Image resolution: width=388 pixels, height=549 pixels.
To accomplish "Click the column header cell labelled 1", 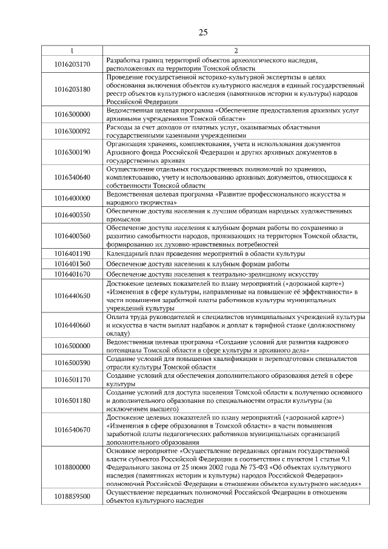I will pos(72,50).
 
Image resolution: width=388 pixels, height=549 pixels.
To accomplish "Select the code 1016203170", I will pos(72,64).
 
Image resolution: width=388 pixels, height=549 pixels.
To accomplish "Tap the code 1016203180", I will pos(72,89).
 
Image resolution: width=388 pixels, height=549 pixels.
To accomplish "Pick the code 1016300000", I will pos(72,114).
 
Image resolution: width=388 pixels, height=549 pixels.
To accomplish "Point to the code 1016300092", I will pos(72,130).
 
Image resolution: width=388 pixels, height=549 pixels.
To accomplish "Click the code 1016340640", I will pos(72,177).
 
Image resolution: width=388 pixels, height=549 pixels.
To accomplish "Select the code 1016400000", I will pos(72,198).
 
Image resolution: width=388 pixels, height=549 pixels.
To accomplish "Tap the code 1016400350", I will pos(72,214).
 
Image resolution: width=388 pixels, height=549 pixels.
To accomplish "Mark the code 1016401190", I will pos(72,253).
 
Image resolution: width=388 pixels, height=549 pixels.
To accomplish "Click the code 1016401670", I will pos(72,274).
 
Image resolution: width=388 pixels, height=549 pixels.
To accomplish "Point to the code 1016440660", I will pos(72,325).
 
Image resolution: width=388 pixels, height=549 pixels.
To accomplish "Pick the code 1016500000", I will pos(72,346).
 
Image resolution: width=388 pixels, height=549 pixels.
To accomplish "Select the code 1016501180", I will pos(72,400).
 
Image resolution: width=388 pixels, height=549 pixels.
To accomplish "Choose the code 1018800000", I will pos(72,468).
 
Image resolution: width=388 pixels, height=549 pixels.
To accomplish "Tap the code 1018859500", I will pos(72,496).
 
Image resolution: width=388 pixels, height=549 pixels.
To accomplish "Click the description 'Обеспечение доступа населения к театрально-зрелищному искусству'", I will pos(209,274).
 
